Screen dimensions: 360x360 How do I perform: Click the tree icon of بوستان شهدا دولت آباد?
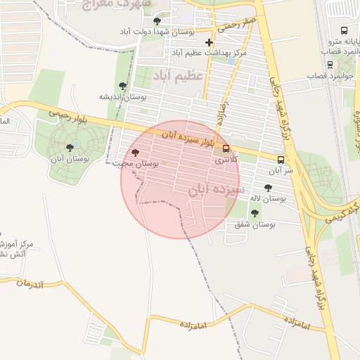[x=156, y=21]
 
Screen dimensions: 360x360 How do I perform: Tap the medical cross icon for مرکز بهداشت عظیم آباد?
[x=209, y=42]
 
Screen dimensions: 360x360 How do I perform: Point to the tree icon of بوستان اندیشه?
[x=123, y=86]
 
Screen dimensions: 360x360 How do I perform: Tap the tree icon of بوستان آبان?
[x=70, y=147]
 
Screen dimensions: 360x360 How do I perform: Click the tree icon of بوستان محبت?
[x=135, y=153]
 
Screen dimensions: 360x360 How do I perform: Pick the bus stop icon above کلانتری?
[x=226, y=149]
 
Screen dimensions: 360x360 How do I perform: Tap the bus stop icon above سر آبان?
[x=281, y=160]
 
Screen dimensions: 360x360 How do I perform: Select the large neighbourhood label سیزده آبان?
[x=217, y=190]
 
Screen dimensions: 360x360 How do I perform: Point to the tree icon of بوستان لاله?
[x=268, y=188]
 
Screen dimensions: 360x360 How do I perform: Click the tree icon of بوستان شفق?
[x=255, y=212]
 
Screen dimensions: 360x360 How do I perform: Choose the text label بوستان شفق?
[x=255, y=224]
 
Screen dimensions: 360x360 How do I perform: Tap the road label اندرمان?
[x=31, y=283]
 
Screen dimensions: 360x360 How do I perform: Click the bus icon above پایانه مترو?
[x=344, y=30]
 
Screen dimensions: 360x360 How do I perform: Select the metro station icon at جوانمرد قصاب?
[x=330, y=65]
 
